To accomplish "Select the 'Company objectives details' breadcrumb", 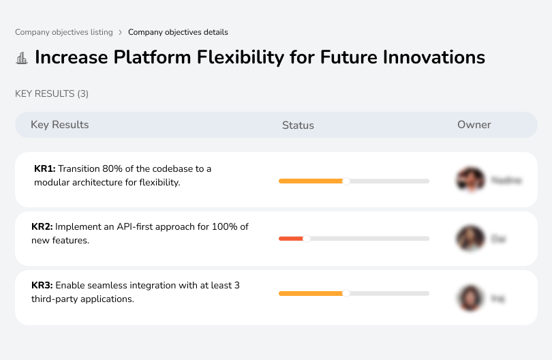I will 178,32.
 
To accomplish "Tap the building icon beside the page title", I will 22,58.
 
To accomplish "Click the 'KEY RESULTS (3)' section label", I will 52,93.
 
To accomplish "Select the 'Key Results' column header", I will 59,125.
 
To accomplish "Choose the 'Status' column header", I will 298,125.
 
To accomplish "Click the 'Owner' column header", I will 474,125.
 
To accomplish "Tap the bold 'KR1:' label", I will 45,168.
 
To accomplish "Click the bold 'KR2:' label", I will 42,227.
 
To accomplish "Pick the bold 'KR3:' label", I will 42,286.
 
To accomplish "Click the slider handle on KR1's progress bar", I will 346,181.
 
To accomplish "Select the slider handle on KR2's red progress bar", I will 306,239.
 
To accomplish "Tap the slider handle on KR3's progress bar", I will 346,293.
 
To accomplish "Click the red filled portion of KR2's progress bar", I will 290,239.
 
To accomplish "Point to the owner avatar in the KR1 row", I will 470,180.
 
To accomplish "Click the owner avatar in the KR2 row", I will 470,239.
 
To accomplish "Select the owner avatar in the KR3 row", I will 470,298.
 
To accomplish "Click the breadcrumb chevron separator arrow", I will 120,32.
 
